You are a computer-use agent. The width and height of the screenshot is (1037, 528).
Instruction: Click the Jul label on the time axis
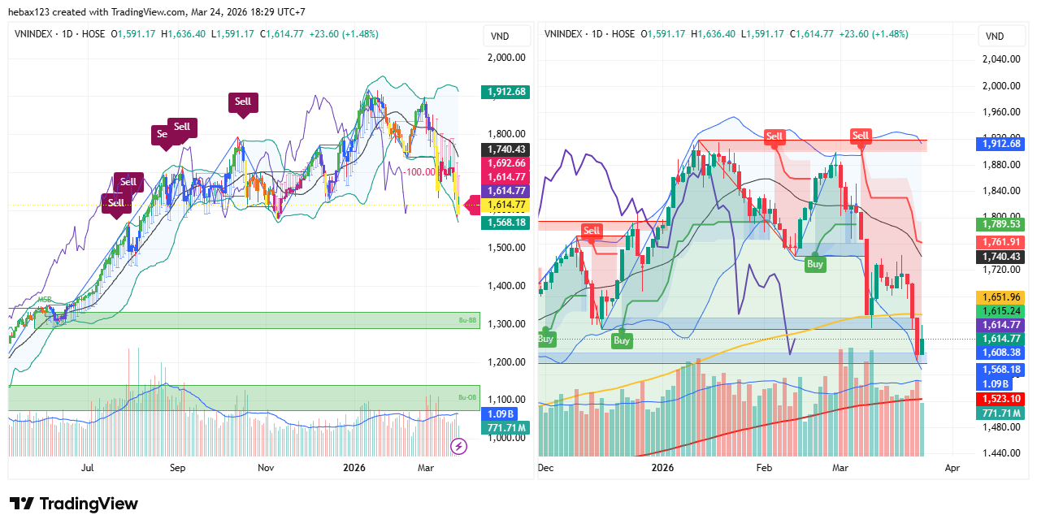click(88, 468)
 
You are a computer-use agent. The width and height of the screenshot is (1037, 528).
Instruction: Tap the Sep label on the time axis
click(178, 468)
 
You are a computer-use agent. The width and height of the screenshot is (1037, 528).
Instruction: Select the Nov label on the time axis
click(266, 468)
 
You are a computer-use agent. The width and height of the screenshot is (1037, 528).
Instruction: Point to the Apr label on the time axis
click(952, 468)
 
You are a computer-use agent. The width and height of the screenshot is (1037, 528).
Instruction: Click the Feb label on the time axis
click(764, 468)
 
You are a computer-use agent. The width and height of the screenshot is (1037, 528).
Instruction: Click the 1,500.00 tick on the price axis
click(505, 247)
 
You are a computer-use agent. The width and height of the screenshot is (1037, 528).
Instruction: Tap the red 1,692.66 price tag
click(505, 163)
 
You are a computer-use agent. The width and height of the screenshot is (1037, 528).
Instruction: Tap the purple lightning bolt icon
click(458, 445)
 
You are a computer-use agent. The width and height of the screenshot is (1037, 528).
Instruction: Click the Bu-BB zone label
click(466, 322)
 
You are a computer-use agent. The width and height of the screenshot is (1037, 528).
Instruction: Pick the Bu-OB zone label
click(466, 397)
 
